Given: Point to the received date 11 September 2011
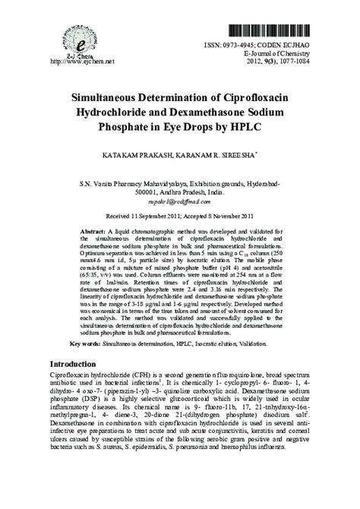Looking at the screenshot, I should pos(156,216).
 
